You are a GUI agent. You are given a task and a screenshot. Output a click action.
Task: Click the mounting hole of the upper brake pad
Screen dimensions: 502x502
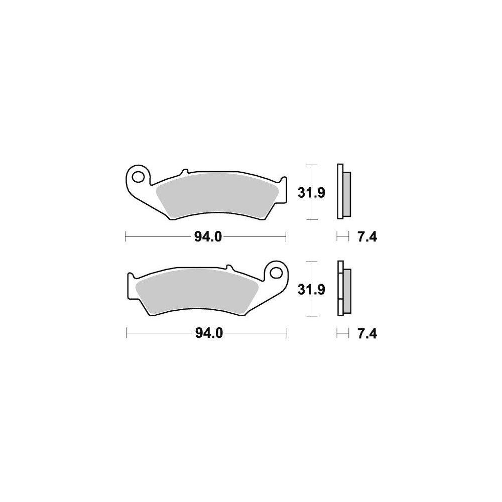click(x=139, y=177)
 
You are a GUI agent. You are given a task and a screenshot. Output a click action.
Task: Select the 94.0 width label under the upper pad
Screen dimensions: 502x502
click(x=208, y=237)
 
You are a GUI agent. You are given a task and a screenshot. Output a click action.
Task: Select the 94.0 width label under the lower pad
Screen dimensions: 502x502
click(x=209, y=334)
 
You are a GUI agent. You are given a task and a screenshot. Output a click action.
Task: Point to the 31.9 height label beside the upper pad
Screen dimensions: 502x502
click(x=311, y=193)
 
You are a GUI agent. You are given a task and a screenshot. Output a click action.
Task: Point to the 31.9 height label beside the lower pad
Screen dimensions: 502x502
click(x=311, y=290)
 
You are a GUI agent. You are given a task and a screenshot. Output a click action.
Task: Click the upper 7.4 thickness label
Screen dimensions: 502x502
click(x=367, y=237)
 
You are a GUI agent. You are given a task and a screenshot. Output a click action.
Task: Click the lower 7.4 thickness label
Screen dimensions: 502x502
click(x=367, y=334)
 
